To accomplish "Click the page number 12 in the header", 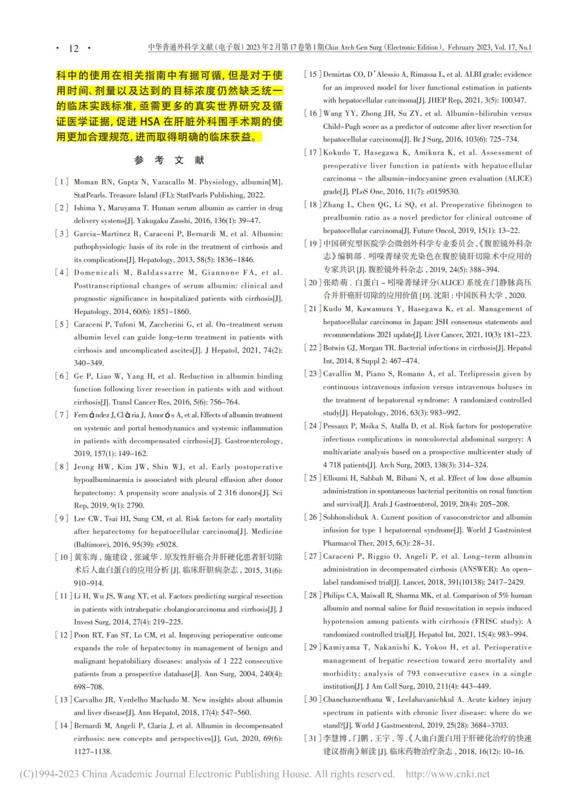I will click(73, 48).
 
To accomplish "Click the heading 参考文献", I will click(169, 160).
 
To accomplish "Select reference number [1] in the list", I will click(62, 182).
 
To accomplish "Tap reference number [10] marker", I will click(63, 557).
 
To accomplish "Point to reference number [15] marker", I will click(312, 75).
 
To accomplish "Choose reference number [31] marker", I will click(312, 738).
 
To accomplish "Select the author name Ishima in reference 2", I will click(85, 208).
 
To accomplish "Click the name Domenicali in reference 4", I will click(96, 273).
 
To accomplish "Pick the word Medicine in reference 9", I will click(267, 532).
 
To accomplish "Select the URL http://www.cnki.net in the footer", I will click(448, 774).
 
